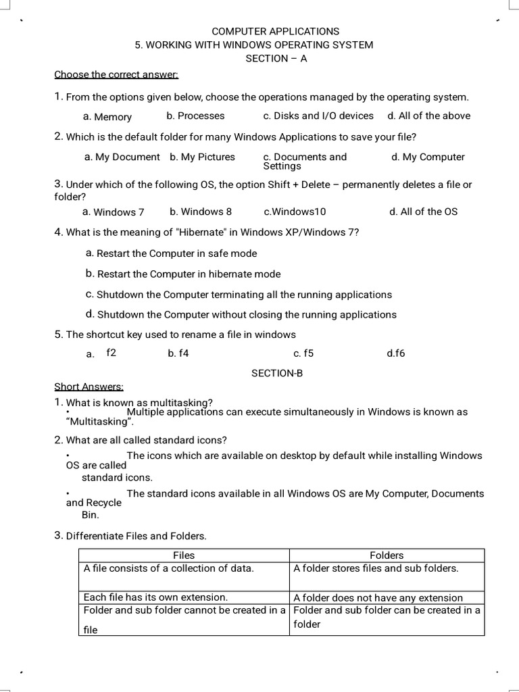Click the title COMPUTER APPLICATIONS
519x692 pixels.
(276, 31)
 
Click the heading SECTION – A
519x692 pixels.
(276, 58)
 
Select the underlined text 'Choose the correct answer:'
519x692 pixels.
(116, 74)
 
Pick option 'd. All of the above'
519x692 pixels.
(428, 116)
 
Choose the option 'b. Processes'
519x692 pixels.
(195, 116)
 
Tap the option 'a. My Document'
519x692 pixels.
(122, 157)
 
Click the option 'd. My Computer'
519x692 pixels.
(427, 157)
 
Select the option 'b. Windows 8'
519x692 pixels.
(201, 212)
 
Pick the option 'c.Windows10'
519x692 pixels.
(295, 212)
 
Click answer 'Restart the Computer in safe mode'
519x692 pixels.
(176, 253)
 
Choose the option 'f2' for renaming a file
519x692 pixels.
(112, 352)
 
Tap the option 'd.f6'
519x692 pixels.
(395, 353)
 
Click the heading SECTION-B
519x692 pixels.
(277, 373)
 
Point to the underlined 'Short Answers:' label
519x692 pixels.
(89, 387)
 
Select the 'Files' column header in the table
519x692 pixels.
(184, 555)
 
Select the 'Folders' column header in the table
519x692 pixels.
(387, 555)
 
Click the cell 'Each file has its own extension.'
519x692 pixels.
(155, 597)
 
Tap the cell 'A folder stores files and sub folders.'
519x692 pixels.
(376, 568)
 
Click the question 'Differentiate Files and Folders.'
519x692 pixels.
(136, 536)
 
